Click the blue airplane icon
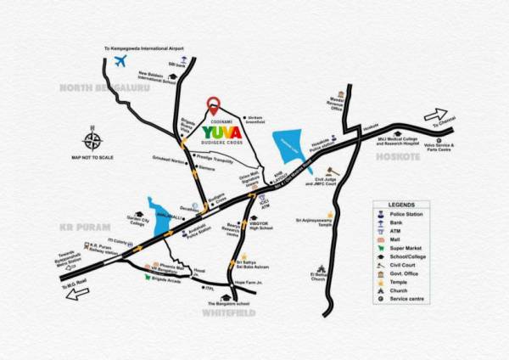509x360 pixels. pyautogui.click(x=121, y=62)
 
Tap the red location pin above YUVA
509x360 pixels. pyautogui.click(x=213, y=107)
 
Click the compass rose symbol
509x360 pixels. pyautogui.click(x=92, y=140)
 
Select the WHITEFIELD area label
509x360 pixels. pyautogui.click(x=230, y=313)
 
